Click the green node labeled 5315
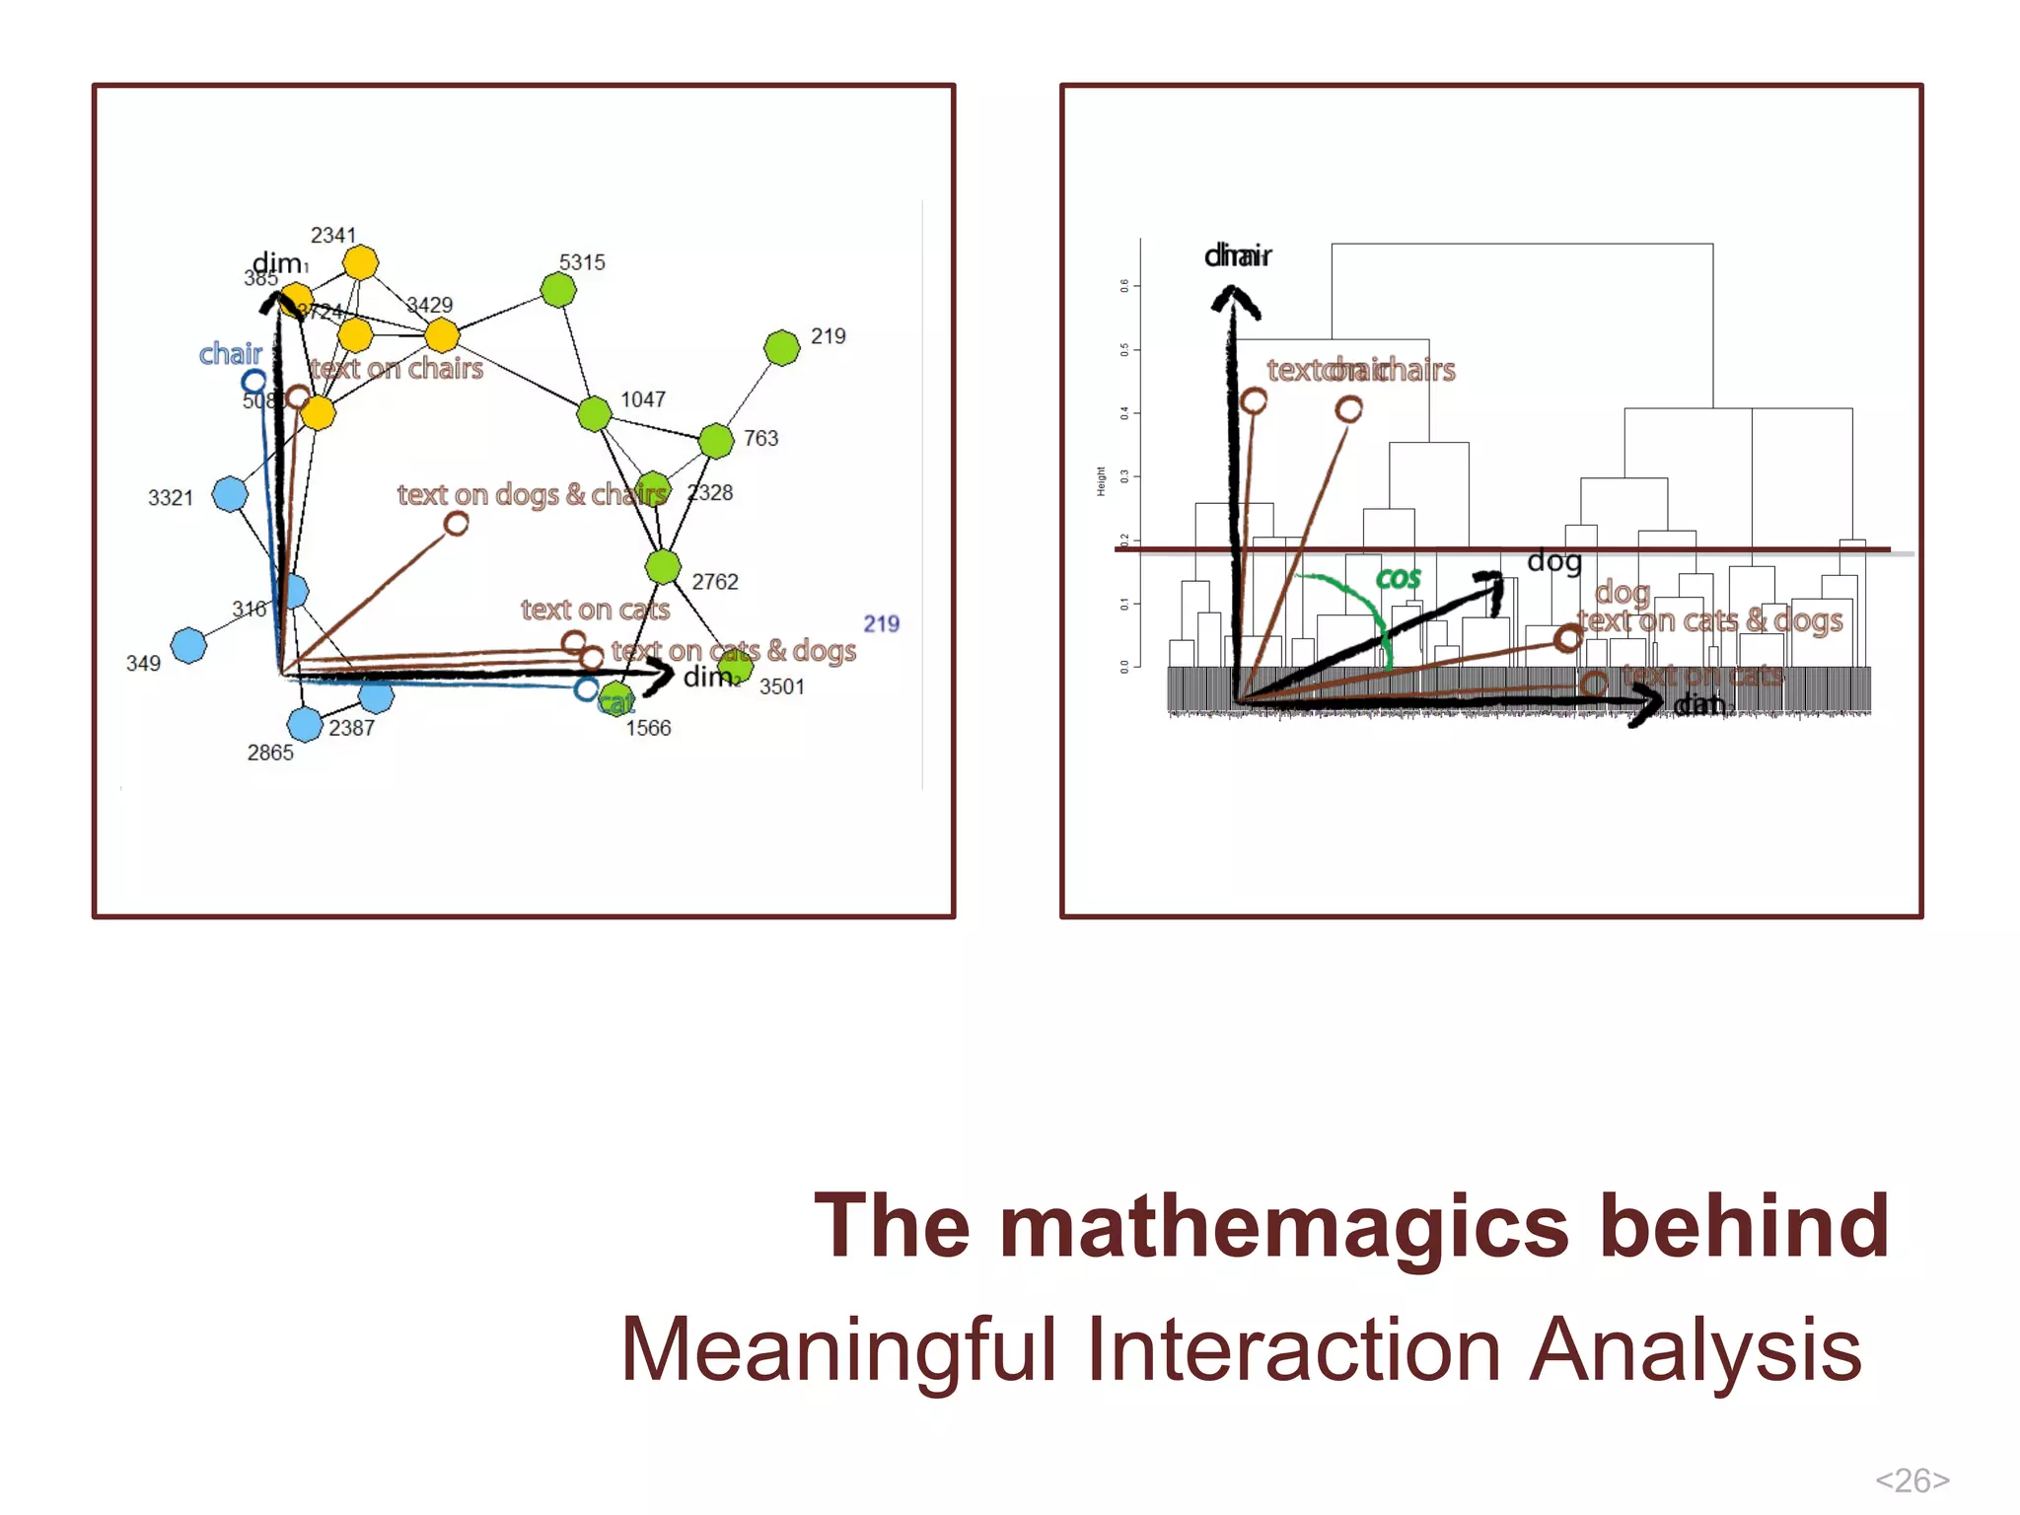tap(558, 290)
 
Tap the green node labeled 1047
tap(594, 414)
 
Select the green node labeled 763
tap(716, 441)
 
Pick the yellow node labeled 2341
tap(361, 263)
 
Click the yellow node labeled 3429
tap(442, 335)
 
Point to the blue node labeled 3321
tap(230, 494)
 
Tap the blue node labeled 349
tap(188, 645)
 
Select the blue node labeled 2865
tap(305, 724)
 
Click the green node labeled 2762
tap(663, 567)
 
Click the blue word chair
tap(231, 353)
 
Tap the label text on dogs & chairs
tap(532, 494)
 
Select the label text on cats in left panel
tap(595, 610)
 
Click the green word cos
tap(1399, 578)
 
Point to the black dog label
tap(1553, 561)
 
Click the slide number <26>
tap(1912, 1479)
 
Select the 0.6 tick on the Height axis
tap(1124, 286)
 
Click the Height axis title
tap(1101, 481)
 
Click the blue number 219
tap(881, 623)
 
